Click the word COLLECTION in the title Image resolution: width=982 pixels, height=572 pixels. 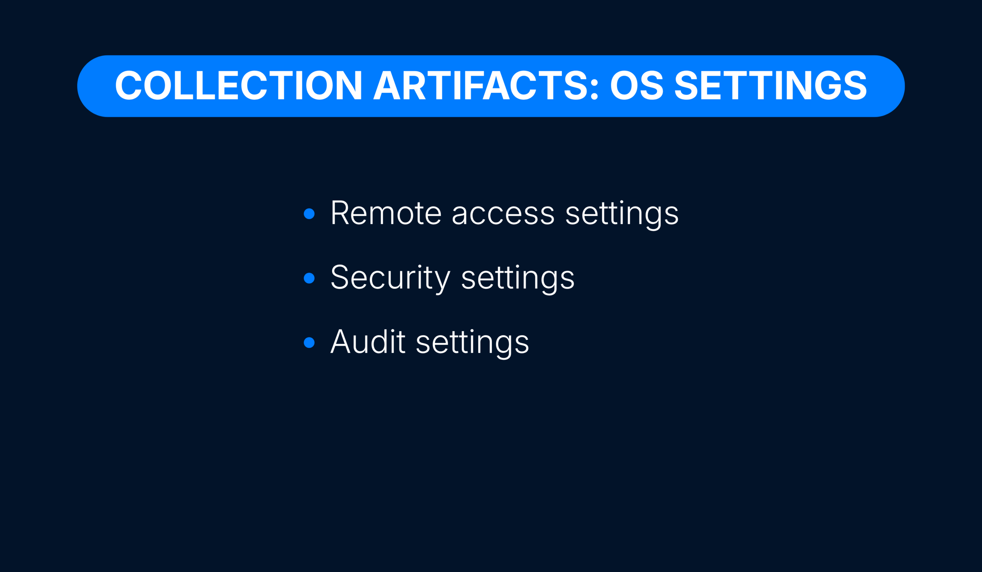239,85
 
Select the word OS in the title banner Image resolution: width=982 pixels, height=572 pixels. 637,85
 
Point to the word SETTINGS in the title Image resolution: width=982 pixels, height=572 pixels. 771,85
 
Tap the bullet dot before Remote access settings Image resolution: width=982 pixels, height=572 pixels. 309,214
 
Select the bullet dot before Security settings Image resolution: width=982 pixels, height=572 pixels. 309,278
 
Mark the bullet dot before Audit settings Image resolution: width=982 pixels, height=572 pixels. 309,342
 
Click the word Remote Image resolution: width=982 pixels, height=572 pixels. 386,213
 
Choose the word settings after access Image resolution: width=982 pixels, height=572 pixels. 622,215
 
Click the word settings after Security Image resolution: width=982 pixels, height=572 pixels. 518,279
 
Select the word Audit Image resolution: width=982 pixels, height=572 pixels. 368,342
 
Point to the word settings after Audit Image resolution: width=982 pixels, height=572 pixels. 473,344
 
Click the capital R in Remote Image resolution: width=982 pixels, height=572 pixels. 340,213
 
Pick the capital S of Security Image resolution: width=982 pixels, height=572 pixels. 339,277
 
